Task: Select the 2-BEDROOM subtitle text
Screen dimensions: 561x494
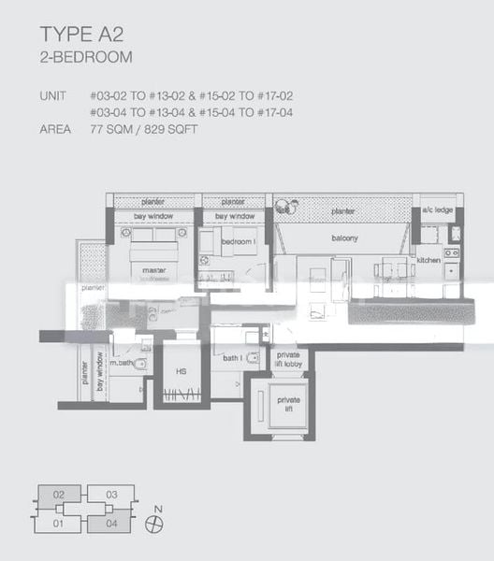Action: [x=85, y=56]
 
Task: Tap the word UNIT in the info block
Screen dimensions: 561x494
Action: [x=52, y=96]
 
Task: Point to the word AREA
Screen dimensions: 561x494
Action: [x=54, y=129]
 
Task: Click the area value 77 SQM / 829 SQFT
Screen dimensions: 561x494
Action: [x=145, y=129]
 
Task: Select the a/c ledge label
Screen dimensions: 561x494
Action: [x=437, y=209]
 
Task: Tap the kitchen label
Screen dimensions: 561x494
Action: [x=429, y=260]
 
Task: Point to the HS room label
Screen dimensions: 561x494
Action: [x=182, y=371]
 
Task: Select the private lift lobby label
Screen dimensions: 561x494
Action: [x=289, y=359]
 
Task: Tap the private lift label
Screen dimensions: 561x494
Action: [x=289, y=402]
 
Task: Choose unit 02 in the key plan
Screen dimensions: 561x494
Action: [x=58, y=494]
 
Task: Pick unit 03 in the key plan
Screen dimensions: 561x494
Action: [x=110, y=494]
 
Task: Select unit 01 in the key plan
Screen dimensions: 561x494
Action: [x=58, y=524]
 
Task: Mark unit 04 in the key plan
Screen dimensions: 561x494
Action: [x=110, y=524]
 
